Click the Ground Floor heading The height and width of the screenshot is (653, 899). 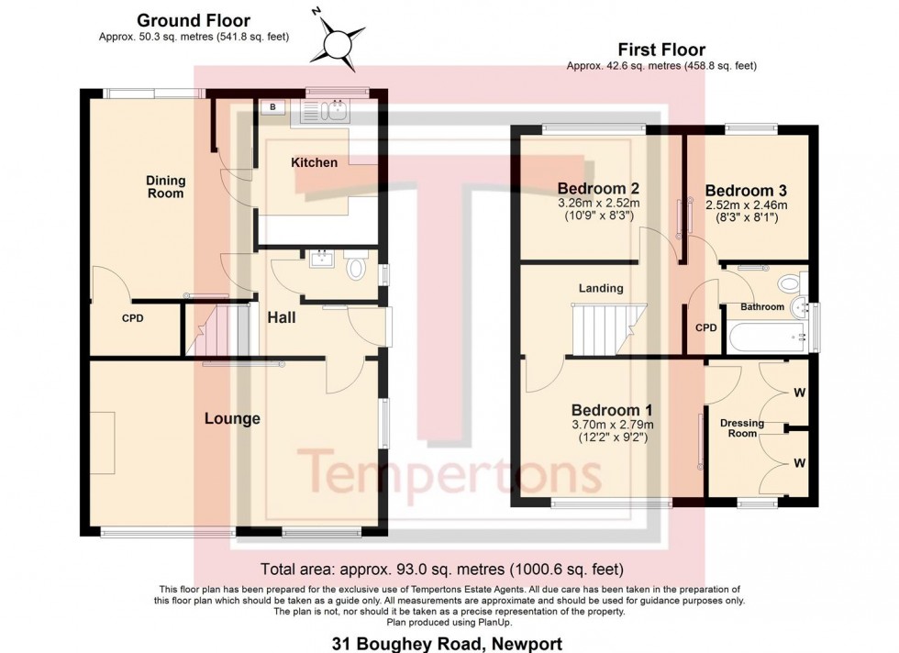click(x=193, y=20)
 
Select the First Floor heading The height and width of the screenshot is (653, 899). click(x=660, y=50)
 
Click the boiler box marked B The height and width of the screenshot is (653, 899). click(x=272, y=108)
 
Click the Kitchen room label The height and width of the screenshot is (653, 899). click(x=314, y=162)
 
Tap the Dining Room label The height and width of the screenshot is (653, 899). click(x=165, y=187)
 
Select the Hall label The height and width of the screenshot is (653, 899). click(x=282, y=317)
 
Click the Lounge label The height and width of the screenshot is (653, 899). click(x=232, y=418)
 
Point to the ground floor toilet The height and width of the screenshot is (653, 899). click(x=357, y=268)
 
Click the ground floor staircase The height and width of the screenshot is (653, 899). click(x=225, y=330)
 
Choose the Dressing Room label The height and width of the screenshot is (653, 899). click(x=742, y=427)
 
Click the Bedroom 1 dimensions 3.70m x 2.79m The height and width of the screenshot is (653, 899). click(x=612, y=425)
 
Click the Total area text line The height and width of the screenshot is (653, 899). click(x=442, y=568)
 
